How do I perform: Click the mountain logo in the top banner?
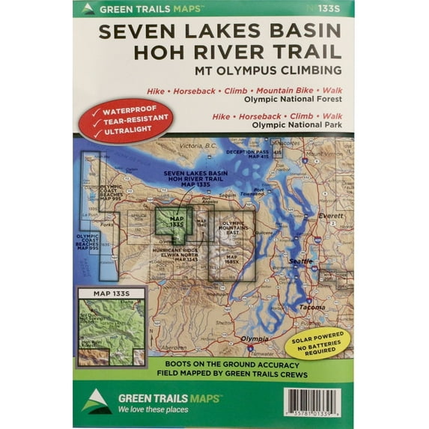pyautogui.click(x=88, y=9)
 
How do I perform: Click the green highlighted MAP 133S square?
pyautogui.click(x=171, y=222)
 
